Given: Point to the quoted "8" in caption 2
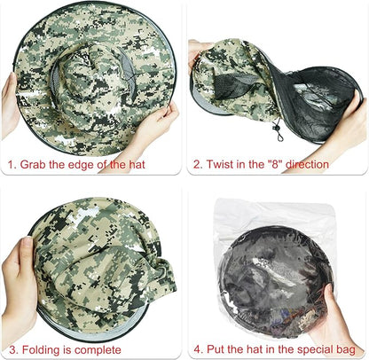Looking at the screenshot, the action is [275, 164].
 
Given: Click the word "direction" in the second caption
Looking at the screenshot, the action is [307, 164].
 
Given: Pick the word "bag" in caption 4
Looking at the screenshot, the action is [346, 350].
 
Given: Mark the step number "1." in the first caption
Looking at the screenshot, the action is [12, 164].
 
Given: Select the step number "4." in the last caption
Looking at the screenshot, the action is [198, 349].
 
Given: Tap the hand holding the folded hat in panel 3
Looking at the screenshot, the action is [19, 284].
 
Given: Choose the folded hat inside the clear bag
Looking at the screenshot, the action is [277, 281].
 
